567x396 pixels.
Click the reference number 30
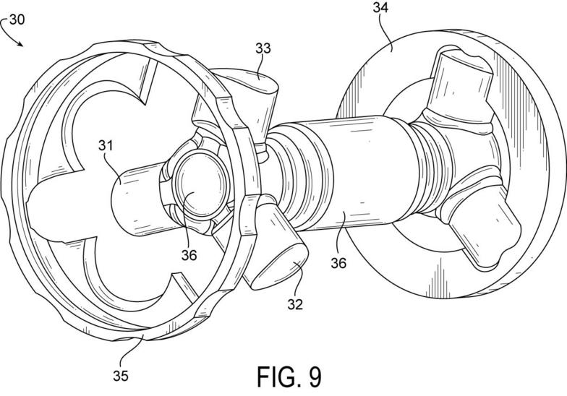pos(17,20)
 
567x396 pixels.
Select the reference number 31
pos(106,146)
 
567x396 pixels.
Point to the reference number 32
pos(295,304)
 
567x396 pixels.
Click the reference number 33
pos(263,48)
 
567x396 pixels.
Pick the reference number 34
pos(380,7)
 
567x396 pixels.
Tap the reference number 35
pos(120,376)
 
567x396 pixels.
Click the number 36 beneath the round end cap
pos(189,256)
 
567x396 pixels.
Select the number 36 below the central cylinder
pos(338,263)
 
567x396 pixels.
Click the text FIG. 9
pos(289,377)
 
